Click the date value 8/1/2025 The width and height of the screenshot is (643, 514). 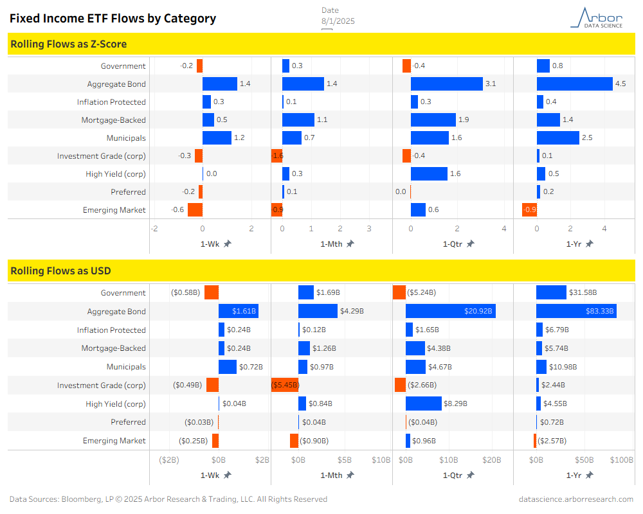point(338,21)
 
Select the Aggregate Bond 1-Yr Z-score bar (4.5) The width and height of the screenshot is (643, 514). point(574,84)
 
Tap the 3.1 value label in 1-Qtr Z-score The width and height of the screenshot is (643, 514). point(490,84)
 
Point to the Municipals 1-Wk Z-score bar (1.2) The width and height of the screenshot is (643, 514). point(217,137)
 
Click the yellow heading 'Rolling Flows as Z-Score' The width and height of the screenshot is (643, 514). point(69,44)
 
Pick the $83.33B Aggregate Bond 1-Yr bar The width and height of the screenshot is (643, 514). point(576,311)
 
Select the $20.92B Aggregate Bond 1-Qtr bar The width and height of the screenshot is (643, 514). point(450,311)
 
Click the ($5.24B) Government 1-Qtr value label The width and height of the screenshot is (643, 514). point(422,293)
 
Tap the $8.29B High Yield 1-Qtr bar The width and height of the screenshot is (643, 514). point(424,403)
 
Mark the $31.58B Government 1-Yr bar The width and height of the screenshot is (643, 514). point(551,293)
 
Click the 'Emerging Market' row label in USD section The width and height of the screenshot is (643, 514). point(114,441)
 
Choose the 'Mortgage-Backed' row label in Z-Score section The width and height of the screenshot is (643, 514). point(114,120)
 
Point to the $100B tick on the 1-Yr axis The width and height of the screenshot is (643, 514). point(622,460)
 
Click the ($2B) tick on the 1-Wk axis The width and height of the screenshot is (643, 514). point(168,460)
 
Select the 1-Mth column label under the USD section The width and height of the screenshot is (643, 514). point(332,475)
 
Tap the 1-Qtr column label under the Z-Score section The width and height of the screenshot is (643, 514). point(453,244)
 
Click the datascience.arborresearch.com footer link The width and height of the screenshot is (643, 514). point(576,499)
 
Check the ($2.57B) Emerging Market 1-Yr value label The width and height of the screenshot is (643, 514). point(552,441)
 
